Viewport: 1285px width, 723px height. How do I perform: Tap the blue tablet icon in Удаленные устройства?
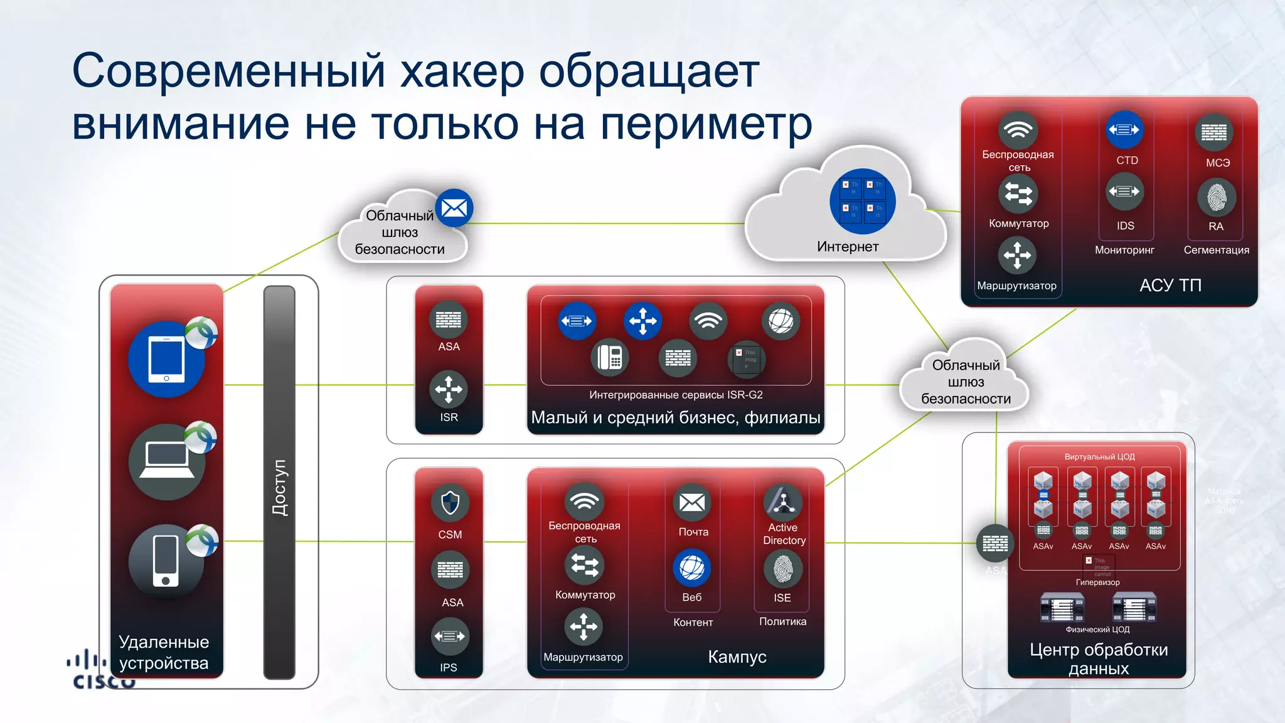166,360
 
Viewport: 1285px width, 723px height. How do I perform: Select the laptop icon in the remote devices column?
166,462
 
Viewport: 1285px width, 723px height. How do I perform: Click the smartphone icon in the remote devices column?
166,561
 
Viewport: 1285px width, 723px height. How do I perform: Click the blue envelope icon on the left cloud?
454,208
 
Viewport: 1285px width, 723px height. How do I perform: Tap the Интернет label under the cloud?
848,247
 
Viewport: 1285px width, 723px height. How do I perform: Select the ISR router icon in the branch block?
449,389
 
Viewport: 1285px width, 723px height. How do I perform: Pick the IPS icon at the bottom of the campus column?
450,636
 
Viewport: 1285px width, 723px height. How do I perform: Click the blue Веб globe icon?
692,568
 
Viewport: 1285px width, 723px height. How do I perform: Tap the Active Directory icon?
783,502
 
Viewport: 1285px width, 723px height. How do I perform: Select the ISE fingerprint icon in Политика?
782,569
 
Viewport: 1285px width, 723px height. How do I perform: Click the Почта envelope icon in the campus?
692,503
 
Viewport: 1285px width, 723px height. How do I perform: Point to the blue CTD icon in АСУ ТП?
1124,130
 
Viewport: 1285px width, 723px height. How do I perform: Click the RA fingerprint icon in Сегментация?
1217,197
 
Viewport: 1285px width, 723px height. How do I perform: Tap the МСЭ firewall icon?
1214,132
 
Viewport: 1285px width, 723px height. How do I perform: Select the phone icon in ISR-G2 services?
610,358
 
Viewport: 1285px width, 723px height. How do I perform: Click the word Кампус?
737,657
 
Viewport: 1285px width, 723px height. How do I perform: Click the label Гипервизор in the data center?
1097,582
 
